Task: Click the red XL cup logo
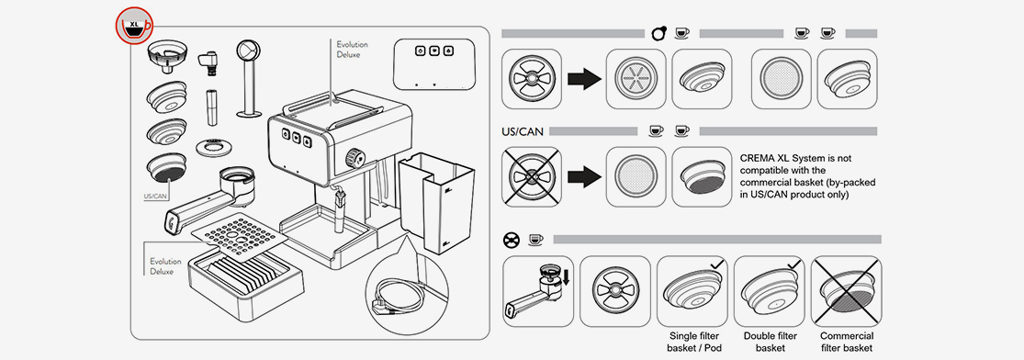tap(134, 26)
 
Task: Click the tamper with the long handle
tap(249, 78)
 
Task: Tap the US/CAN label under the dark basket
tap(156, 196)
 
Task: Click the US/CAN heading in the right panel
tap(523, 131)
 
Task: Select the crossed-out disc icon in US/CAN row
tap(532, 176)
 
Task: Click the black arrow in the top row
tap(584, 80)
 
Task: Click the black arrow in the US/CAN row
tap(584, 176)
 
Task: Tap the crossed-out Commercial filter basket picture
tap(847, 291)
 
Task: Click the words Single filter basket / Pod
tap(692, 342)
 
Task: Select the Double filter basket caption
tap(771, 342)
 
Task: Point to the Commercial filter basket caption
tap(847, 342)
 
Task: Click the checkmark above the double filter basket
tap(793, 264)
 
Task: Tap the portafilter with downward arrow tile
tap(539, 291)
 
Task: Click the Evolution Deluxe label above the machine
tap(352, 50)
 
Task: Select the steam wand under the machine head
tap(338, 210)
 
